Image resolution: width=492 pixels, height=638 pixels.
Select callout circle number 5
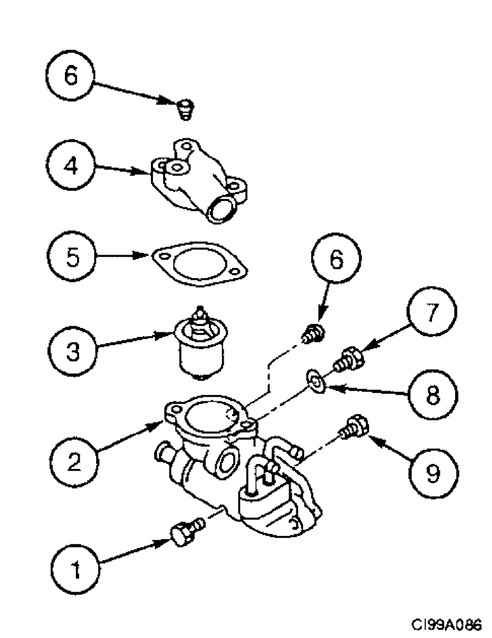click(71, 259)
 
